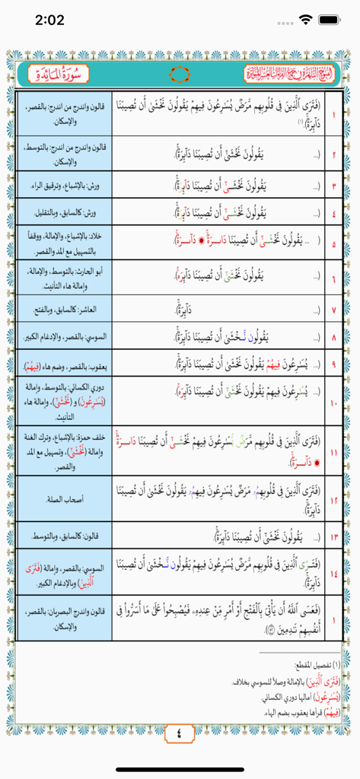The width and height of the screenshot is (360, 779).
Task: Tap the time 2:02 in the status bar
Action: click(x=49, y=20)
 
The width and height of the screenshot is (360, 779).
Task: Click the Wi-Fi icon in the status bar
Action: click(x=306, y=20)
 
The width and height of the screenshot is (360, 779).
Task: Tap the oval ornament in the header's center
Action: click(x=180, y=75)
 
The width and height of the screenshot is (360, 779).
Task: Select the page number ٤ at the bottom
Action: click(x=180, y=734)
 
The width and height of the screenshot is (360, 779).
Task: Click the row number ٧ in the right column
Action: click(x=334, y=310)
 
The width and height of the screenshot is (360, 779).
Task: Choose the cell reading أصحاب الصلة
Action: click(x=64, y=498)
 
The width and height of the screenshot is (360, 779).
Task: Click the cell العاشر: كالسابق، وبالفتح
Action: click(x=64, y=310)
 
